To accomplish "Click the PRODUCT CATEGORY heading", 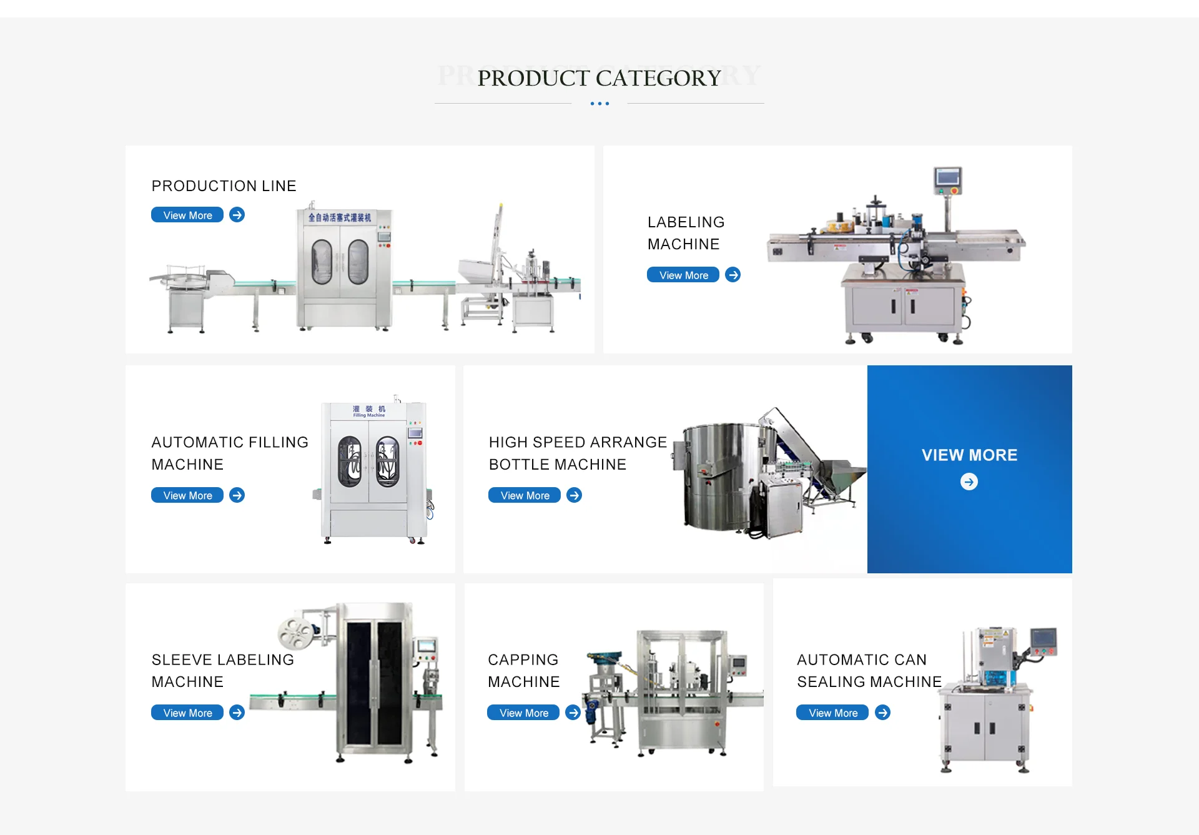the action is point(599,78).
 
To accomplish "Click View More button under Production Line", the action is point(187,215).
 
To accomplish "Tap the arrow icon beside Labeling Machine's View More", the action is point(733,275).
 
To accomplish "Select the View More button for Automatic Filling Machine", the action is point(187,495).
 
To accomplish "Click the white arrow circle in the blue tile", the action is point(969,482).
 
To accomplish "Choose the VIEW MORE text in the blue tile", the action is point(969,455).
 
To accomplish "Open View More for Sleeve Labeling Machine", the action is point(187,713).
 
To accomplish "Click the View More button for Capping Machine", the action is point(523,713).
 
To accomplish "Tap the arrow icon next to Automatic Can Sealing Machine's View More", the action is point(882,713).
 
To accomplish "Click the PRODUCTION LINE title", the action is point(224,186).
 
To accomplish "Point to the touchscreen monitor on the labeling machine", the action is point(948,179).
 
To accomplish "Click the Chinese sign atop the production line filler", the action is point(339,217).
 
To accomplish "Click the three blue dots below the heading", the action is point(599,104).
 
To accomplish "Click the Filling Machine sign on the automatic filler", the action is point(369,411).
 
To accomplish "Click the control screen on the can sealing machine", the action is point(1044,639).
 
